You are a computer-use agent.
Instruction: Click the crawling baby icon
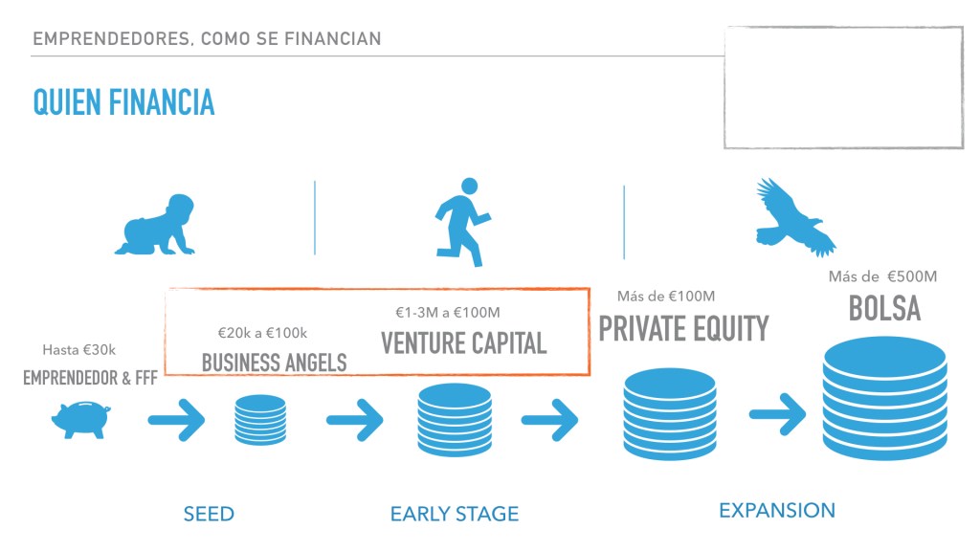pyautogui.click(x=156, y=225)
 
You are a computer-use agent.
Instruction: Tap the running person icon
pyautogui.click(x=462, y=222)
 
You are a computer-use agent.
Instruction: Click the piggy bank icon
pyautogui.click(x=80, y=420)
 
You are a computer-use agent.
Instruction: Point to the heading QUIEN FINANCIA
pyautogui.click(x=123, y=102)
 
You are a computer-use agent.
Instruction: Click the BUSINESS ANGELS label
pyautogui.click(x=274, y=363)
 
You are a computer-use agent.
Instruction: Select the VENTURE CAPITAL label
pyautogui.click(x=464, y=343)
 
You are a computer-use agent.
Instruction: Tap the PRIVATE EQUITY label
pyautogui.click(x=683, y=329)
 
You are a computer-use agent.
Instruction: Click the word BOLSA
pyautogui.click(x=884, y=309)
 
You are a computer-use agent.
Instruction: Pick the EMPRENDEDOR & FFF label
pyautogui.click(x=90, y=378)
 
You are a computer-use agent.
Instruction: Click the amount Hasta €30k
pyautogui.click(x=78, y=350)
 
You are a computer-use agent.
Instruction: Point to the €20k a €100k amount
pyautogui.click(x=262, y=333)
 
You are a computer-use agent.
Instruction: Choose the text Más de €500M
pyautogui.click(x=882, y=276)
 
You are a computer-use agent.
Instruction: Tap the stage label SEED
pyautogui.click(x=209, y=514)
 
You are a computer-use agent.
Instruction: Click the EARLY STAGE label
pyautogui.click(x=455, y=514)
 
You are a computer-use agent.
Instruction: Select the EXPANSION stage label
pyautogui.click(x=777, y=511)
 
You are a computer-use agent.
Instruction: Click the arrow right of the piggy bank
pyautogui.click(x=176, y=420)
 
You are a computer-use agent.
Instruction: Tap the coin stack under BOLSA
pyautogui.click(x=884, y=399)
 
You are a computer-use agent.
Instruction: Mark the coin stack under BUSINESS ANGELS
pyautogui.click(x=260, y=420)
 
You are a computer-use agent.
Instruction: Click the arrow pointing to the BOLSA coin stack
pyautogui.click(x=777, y=413)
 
